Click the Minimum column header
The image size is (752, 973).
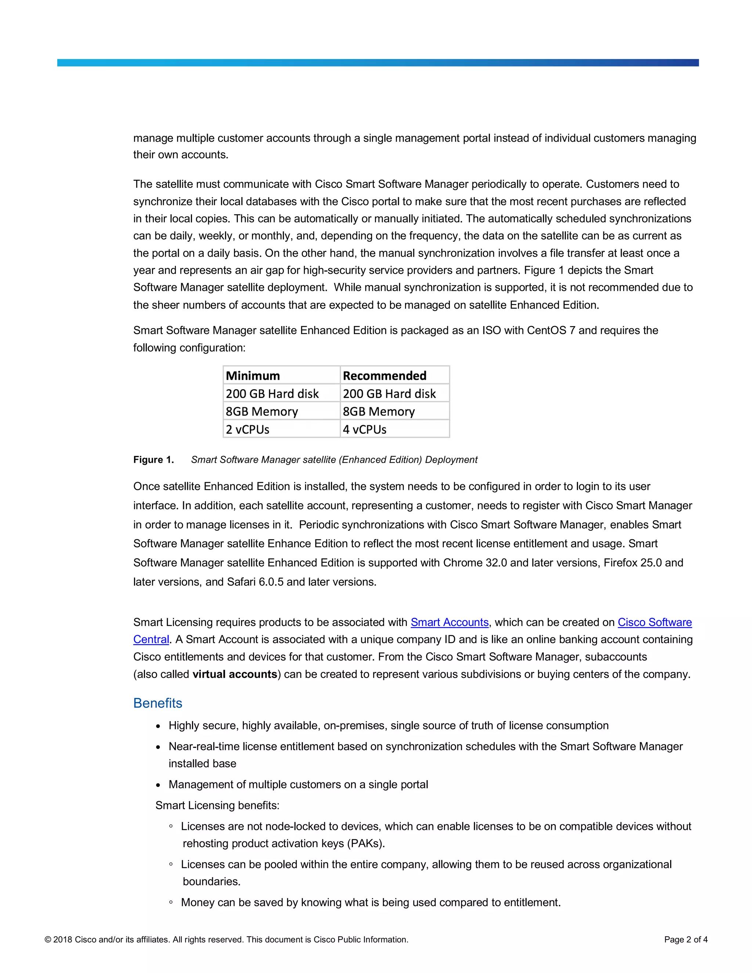pos(253,376)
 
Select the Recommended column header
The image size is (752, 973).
pos(384,376)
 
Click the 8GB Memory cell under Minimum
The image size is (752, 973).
pos(261,412)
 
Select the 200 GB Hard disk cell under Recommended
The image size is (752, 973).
pos(389,394)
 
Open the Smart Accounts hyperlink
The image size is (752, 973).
pos(449,622)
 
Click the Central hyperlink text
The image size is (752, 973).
pos(151,640)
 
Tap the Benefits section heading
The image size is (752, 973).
pos(158,703)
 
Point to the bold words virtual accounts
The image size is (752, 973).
pos(235,674)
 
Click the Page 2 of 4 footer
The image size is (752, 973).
pos(685,940)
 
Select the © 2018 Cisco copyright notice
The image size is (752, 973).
pos(226,940)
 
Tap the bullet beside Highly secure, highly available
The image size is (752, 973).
pos(158,726)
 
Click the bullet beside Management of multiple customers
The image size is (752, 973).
pos(158,785)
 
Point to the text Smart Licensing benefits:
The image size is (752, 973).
pos(217,806)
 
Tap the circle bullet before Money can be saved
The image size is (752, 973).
pos(171,902)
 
